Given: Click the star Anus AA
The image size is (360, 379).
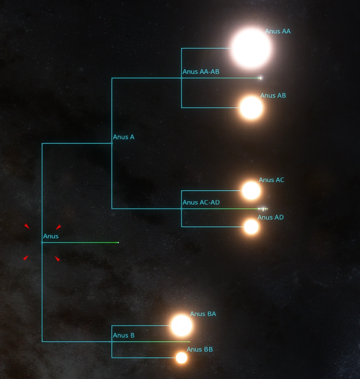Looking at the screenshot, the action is tap(251, 49).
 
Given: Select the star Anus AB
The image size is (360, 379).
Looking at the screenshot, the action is tap(251, 108).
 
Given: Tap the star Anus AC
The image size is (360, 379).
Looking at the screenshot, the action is tap(251, 190).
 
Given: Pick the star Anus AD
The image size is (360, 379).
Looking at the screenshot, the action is tap(251, 227).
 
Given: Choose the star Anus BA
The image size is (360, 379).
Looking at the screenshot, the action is tap(181, 325).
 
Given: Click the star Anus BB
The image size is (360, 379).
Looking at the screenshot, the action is tap(181, 358).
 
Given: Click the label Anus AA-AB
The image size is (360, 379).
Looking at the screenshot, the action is tap(201, 72).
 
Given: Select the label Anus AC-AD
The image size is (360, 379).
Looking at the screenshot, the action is tap(201, 202).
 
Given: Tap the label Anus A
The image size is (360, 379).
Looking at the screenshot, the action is tap(123, 137).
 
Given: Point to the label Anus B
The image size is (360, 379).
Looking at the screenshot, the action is tap(123, 336).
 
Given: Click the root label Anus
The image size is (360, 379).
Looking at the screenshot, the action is tap(51, 236).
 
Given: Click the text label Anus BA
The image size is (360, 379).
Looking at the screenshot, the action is tap(203, 314).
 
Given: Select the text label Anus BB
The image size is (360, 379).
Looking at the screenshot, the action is tap(200, 349).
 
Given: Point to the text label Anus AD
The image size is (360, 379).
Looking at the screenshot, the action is tap(270, 217).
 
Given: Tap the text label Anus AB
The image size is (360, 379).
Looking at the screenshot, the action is tap(273, 96).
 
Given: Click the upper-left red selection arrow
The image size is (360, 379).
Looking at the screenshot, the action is tap(26, 226).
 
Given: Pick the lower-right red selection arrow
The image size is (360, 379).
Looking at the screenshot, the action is tap(57, 259).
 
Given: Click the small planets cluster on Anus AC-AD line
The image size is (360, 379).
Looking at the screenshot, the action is tap(263, 209).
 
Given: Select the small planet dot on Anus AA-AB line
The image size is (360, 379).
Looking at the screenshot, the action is tap(260, 78).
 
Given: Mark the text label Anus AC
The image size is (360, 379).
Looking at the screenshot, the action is tap(271, 180).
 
